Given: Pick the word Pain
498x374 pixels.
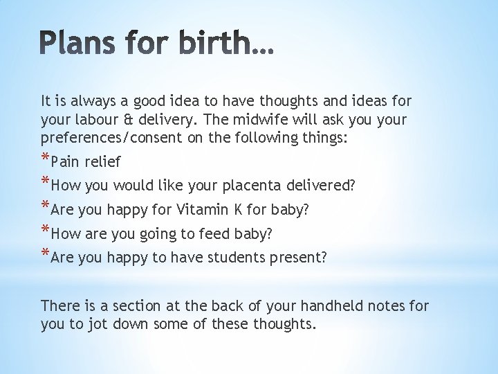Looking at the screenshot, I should [66, 162].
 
